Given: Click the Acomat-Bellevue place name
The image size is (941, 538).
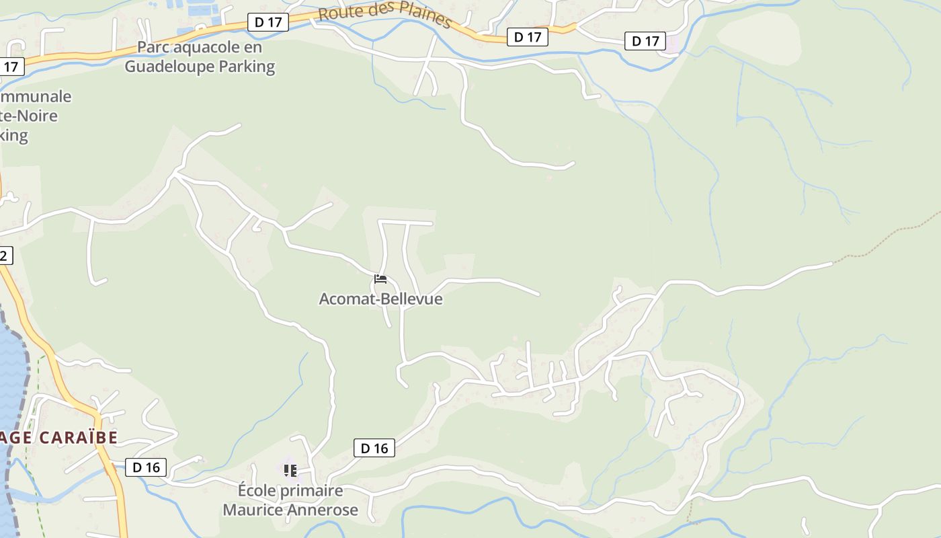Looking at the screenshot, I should [380, 299].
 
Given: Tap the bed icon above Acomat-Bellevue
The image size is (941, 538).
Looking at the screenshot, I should [380, 278].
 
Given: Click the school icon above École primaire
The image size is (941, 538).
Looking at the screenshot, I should [290, 470].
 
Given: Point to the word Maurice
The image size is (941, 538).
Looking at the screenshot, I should [253, 510].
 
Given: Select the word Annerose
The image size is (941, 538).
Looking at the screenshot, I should [323, 510].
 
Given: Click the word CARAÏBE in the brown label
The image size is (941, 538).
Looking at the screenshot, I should [77, 438].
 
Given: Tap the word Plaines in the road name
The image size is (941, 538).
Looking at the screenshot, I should [423, 17].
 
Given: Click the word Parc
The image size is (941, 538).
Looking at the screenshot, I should [152, 48].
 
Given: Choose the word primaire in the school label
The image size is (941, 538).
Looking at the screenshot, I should [311, 491].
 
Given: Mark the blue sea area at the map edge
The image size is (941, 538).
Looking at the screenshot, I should [10, 377].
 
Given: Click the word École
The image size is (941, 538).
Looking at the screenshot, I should [257, 491].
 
